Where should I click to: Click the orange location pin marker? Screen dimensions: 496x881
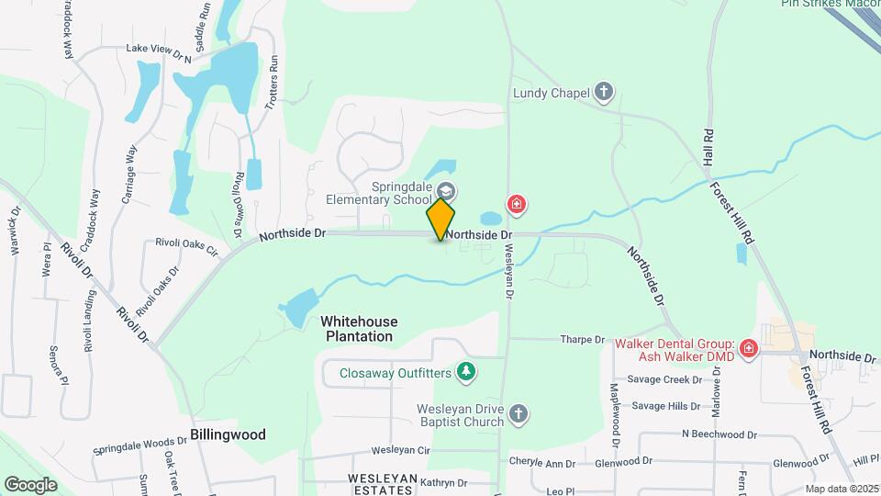pyautogui.click(x=440, y=219)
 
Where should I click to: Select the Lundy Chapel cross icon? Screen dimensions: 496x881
pyautogui.click(x=604, y=92)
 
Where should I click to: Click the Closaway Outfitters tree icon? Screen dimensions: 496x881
pyautogui.click(x=468, y=372)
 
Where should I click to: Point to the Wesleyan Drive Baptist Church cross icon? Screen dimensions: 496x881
pyautogui.click(x=519, y=413)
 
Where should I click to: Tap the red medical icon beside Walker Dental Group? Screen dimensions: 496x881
pyautogui.click(x=749, y=349)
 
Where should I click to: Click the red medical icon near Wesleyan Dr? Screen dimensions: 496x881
pyautogui.click(x=517, y=204)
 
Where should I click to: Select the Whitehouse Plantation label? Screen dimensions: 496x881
pyautogui.click(x=359, y=329)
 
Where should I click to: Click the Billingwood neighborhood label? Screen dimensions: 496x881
pyautogui.click(x=229, y=434)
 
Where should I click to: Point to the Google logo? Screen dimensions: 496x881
pyautogui.click(x=30, y=484)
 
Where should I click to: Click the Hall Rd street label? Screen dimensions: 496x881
pyautogui.click(x=707, y=145)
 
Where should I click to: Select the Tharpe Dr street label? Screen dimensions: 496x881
pyautogui.click(x=583, y=339)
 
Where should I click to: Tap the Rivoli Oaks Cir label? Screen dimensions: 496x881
pyautogui.click(x=185, y=248)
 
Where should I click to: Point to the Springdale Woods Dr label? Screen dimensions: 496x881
pyautogui.click(x=140, y=446)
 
